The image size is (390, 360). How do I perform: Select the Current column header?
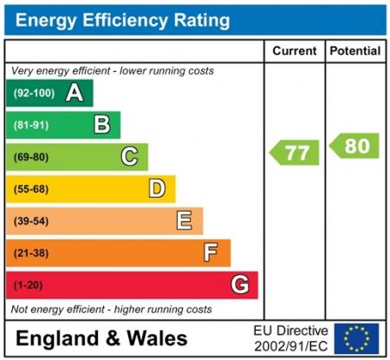coord(294,51)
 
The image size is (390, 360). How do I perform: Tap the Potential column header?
coord(354,51)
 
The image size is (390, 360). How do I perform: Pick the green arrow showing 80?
coord(354,146)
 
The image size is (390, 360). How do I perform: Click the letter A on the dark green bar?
coord(75,93)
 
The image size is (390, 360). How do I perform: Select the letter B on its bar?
coord(101,125)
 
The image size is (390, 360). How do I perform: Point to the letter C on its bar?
coord(129,157)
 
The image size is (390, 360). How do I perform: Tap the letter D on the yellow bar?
coord(156,188)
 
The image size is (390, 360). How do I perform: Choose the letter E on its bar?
coord(184,220)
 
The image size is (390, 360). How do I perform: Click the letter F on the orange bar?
coord(211,252)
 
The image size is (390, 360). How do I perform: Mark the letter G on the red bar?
coord(239,285)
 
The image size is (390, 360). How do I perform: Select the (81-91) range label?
coord(30,126)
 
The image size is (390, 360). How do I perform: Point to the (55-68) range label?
coord(30,189)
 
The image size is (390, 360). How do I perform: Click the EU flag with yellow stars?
coord(355,337)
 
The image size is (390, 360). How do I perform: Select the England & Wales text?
coord(101,338)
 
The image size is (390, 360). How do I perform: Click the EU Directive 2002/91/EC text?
coord(290,337)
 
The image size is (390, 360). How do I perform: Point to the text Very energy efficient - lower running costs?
coord(112,70)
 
